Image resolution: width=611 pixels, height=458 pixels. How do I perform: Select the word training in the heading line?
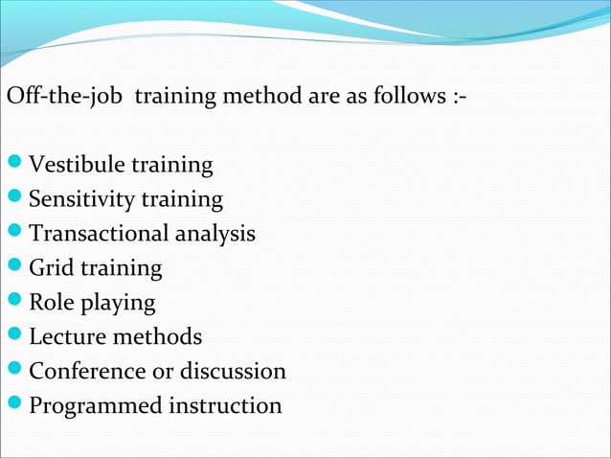(x=183, y=99)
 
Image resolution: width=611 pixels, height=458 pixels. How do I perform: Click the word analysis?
(x=216, y=234)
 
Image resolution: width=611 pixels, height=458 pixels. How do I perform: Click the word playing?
(x=118, y=304)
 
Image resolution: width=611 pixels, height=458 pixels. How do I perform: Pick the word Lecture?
(x=67, y=337)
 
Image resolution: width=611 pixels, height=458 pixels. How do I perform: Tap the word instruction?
(x=226, y=405)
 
